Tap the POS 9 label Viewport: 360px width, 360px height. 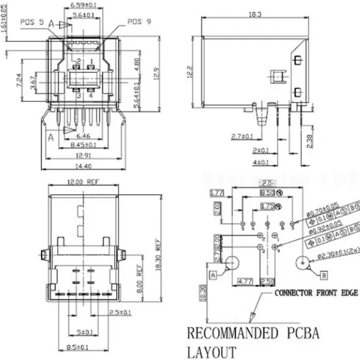click(x=138, y=22)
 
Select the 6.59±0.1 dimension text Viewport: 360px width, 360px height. click(x=83, y=5)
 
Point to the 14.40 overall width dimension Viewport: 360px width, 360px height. click(x=81, y=167)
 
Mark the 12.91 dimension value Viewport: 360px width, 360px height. click(x=81, y=157)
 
